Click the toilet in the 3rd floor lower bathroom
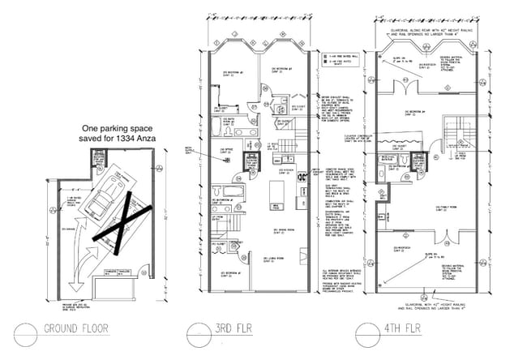(x=235, y=199)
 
